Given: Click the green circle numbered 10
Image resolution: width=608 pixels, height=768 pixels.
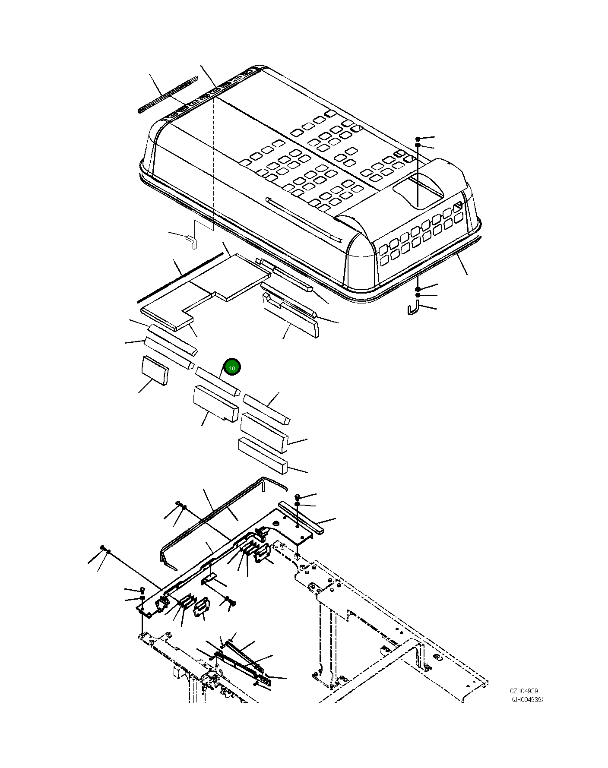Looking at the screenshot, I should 232,367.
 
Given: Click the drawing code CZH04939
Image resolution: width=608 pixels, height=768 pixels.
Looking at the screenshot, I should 523,691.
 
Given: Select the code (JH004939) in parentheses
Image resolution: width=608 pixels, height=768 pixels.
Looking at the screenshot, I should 527,700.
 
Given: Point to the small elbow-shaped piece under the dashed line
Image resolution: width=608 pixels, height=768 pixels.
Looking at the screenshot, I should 191,241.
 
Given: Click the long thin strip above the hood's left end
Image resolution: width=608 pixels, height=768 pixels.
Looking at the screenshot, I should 168,95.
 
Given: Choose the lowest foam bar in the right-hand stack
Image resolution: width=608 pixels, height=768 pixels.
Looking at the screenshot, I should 263,456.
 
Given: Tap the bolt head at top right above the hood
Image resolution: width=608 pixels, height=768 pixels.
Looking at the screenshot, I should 418,139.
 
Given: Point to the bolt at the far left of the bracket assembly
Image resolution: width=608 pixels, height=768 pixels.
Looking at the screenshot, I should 103,548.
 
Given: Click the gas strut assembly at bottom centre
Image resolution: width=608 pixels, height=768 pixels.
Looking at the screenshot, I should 240,661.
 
